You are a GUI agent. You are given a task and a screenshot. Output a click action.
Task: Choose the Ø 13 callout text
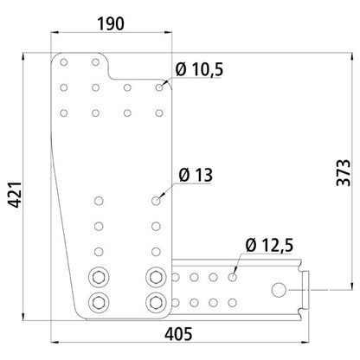[195, 176]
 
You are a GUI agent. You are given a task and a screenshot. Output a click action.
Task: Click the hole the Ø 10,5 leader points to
[159, 87]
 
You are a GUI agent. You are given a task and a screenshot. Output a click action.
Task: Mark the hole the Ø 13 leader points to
[157, 201]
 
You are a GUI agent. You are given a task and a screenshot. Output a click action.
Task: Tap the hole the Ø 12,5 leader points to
[232, 278]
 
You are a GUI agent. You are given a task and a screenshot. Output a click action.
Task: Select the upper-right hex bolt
[157, 278]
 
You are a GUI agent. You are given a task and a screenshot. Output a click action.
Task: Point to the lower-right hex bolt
[157, 302]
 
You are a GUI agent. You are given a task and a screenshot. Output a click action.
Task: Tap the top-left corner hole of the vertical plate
[66, 62]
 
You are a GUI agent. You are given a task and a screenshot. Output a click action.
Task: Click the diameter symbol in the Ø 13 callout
[183, 176]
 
